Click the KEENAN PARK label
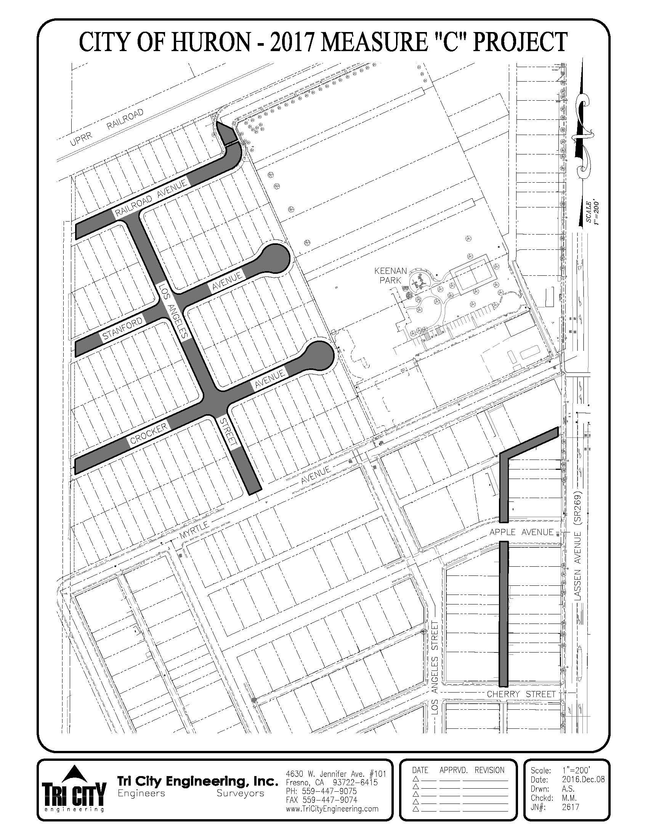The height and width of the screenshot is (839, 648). (390, 276)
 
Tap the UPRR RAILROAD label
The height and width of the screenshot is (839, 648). (107, 127)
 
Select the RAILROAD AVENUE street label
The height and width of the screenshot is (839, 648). (152, 196)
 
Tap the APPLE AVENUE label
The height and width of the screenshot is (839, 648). (521, 532)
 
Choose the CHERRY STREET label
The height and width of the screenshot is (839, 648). (521, 694)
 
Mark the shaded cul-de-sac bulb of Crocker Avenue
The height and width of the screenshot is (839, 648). (319, 356)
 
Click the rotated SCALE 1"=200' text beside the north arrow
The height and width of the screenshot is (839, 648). (592, 212)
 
